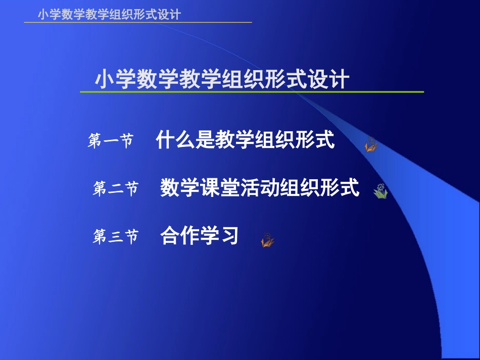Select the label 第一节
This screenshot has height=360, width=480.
click(111, 141)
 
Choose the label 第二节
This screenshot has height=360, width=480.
click(115, 189)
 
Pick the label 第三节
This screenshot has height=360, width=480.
click(115, 237)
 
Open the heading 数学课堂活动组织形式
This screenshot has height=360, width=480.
click(260, 188)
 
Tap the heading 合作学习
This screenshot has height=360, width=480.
click(199, 236)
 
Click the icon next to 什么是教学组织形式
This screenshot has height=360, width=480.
click(371, 145)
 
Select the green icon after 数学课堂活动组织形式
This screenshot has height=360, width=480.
click(380, 191)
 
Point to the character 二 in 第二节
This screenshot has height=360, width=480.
click(115, 190)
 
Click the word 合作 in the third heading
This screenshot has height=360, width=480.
click(180, 236)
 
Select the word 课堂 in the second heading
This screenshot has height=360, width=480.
click(220, 188)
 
